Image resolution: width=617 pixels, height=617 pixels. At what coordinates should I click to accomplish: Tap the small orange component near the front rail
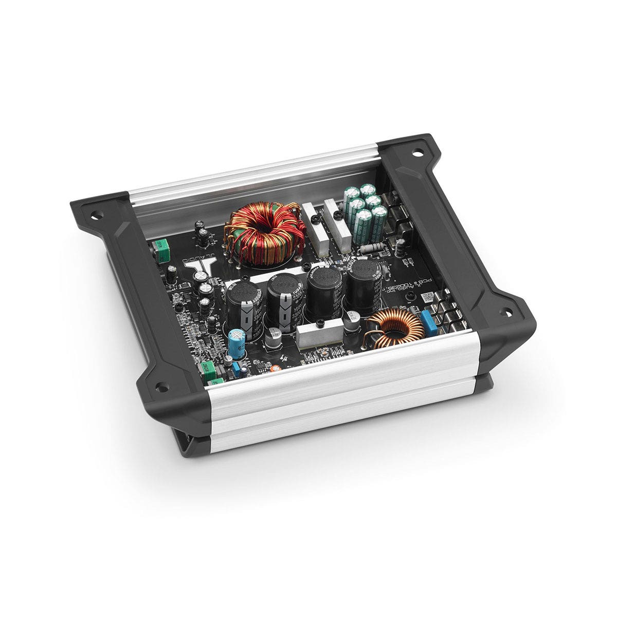click(278, 368)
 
